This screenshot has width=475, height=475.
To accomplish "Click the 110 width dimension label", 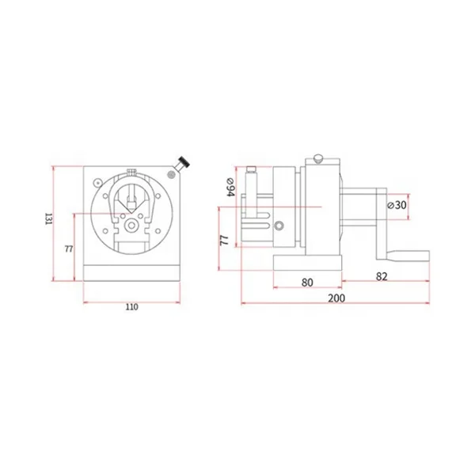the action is (x=131, y=307).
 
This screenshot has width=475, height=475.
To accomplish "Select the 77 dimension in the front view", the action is (x=69, y=249).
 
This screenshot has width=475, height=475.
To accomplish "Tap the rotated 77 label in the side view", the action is (x=224, y=240).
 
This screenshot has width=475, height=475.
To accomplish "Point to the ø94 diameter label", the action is (x=231, y=187).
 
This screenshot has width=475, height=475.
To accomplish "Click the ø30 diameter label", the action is (x=397, y=205).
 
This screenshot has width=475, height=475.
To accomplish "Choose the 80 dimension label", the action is (x=307, y=283).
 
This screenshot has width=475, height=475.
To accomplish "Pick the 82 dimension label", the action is (x=382, y=276).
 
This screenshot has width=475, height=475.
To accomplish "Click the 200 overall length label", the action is (x=336, y=298).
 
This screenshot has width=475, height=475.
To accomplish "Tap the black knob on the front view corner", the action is (x=184, y=161).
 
